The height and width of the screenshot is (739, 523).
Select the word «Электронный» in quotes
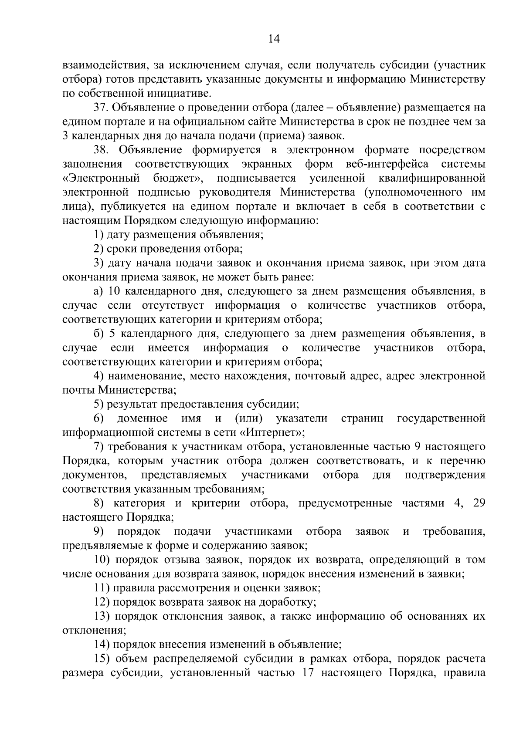(101, 179)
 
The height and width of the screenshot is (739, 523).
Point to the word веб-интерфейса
(387, 164)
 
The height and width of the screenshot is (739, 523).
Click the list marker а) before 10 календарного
(98, 291)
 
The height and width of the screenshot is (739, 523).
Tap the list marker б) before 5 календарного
(98, 334)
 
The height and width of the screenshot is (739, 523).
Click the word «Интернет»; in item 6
(273, 433)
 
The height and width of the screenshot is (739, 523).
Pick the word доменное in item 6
(142, 418)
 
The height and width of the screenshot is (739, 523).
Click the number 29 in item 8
(479, 503)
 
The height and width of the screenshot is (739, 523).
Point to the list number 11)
(102, 588)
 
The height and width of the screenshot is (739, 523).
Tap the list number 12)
(102, 603)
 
